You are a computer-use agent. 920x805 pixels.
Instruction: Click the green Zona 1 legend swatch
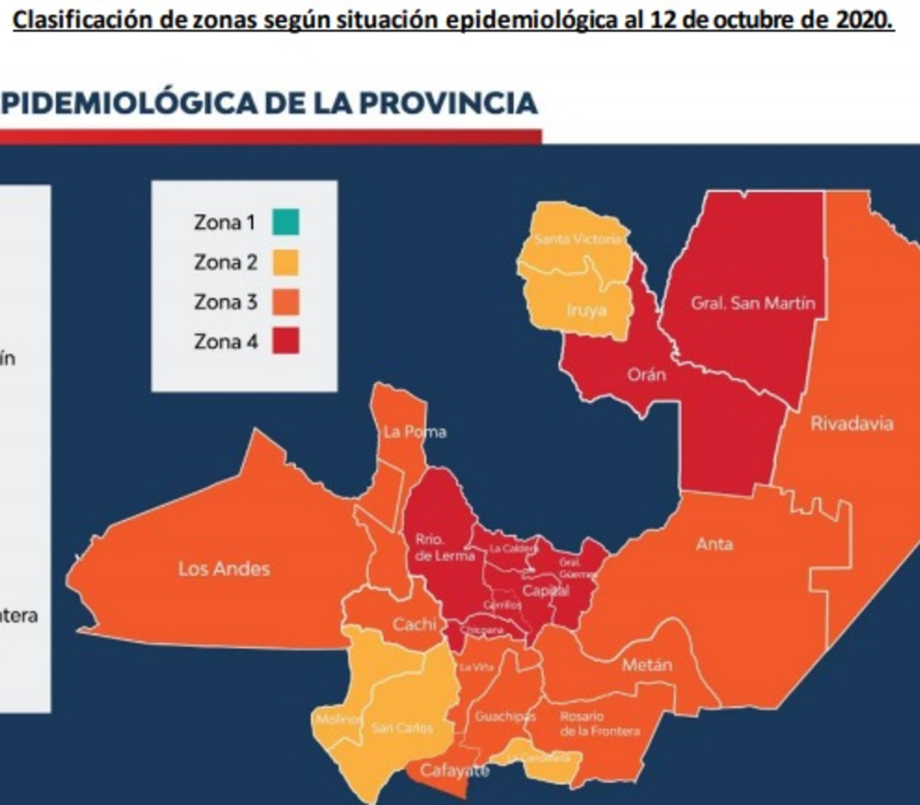285,222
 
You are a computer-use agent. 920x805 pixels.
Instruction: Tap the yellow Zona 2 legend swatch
285,262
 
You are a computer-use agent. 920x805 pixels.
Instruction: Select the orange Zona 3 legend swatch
285,302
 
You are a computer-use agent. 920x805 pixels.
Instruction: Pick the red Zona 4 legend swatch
285,341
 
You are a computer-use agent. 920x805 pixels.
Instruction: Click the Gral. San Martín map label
753,303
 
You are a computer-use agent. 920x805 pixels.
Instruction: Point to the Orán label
646,375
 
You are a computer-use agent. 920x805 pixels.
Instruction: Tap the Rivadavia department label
852,423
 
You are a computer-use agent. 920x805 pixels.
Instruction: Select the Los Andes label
224,569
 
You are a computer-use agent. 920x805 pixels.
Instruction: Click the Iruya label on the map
586,310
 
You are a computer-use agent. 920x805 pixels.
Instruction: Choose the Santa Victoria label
578,239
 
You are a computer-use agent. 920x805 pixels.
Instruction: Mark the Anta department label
715,544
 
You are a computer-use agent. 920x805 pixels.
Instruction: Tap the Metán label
647,665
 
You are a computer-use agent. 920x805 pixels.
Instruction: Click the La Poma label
415,432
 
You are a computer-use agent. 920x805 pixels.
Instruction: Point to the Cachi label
415,625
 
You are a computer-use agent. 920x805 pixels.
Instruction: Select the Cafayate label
455,770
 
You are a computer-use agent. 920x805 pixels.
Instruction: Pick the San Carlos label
402,728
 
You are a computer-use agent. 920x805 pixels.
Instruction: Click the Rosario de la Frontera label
599,724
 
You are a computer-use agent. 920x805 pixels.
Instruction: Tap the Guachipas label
504,716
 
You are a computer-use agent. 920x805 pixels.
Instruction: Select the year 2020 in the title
864,19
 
